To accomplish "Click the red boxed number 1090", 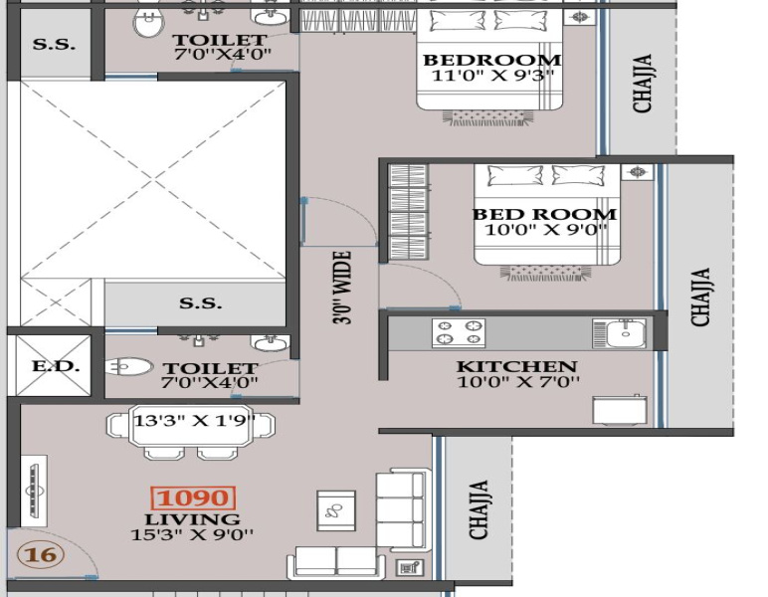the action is (193, 498).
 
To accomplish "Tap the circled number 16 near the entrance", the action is (41, 555).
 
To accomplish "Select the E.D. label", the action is (56, 366).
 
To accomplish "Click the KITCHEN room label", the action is (516, 366).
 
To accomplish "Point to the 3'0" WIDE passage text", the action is (342, 288).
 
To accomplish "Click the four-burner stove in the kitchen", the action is (459, 332).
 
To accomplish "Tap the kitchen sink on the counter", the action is (619, 333).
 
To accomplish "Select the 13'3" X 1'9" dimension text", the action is (194, 420).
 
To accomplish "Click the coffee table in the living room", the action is (336, 510).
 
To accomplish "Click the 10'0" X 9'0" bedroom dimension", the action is (545, 229).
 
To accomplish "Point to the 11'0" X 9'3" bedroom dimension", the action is (492, 76).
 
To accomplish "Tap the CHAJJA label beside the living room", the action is (479, 509).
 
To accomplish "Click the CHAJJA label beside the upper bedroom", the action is (642, 84).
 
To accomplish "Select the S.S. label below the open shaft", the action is (200, 303).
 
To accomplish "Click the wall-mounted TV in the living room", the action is (34, 491).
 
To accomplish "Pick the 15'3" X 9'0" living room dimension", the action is (192, 534).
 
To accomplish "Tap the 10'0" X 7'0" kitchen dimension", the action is (518, 381).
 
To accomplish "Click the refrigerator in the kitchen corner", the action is (620, 409).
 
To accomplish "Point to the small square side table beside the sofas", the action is (410, 568).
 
